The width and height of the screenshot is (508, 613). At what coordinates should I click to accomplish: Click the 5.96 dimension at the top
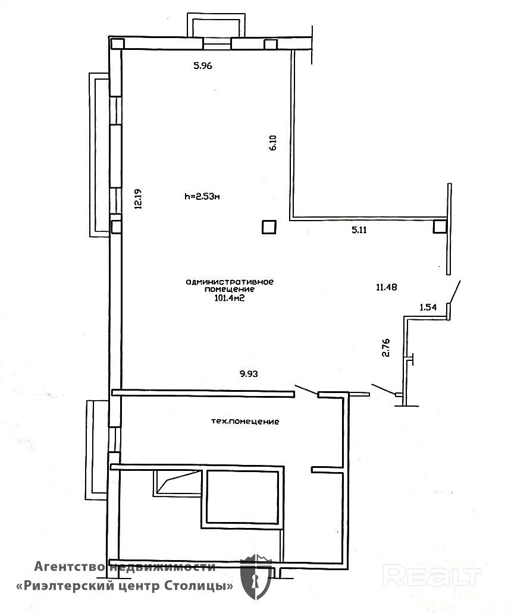[203, 65]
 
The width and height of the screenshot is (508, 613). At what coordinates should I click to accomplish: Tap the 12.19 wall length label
[137, 199]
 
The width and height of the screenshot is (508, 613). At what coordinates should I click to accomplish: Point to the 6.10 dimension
[273, 143]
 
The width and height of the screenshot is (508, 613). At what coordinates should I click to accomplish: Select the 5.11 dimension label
[359, 230]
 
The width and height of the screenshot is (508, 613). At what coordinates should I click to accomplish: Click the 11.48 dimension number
[387, 287]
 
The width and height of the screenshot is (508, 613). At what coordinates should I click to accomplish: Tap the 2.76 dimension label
[385, 348]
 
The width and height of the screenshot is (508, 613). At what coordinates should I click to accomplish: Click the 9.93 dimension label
[249, 374]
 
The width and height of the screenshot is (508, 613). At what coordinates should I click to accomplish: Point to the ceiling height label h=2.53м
[202, 197]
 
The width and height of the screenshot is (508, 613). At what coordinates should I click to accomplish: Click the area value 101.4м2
[230, 298]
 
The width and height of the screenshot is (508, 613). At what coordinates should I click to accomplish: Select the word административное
[230, 281]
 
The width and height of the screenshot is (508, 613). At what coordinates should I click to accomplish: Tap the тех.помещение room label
[245, 422]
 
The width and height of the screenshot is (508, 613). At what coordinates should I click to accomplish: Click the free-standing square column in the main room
[269, 227]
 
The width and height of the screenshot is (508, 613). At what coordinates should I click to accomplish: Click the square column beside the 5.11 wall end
[440, 227]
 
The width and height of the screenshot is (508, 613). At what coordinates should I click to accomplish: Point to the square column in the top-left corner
[117, 44]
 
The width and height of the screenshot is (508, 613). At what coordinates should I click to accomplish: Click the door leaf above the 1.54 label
[455, 292]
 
